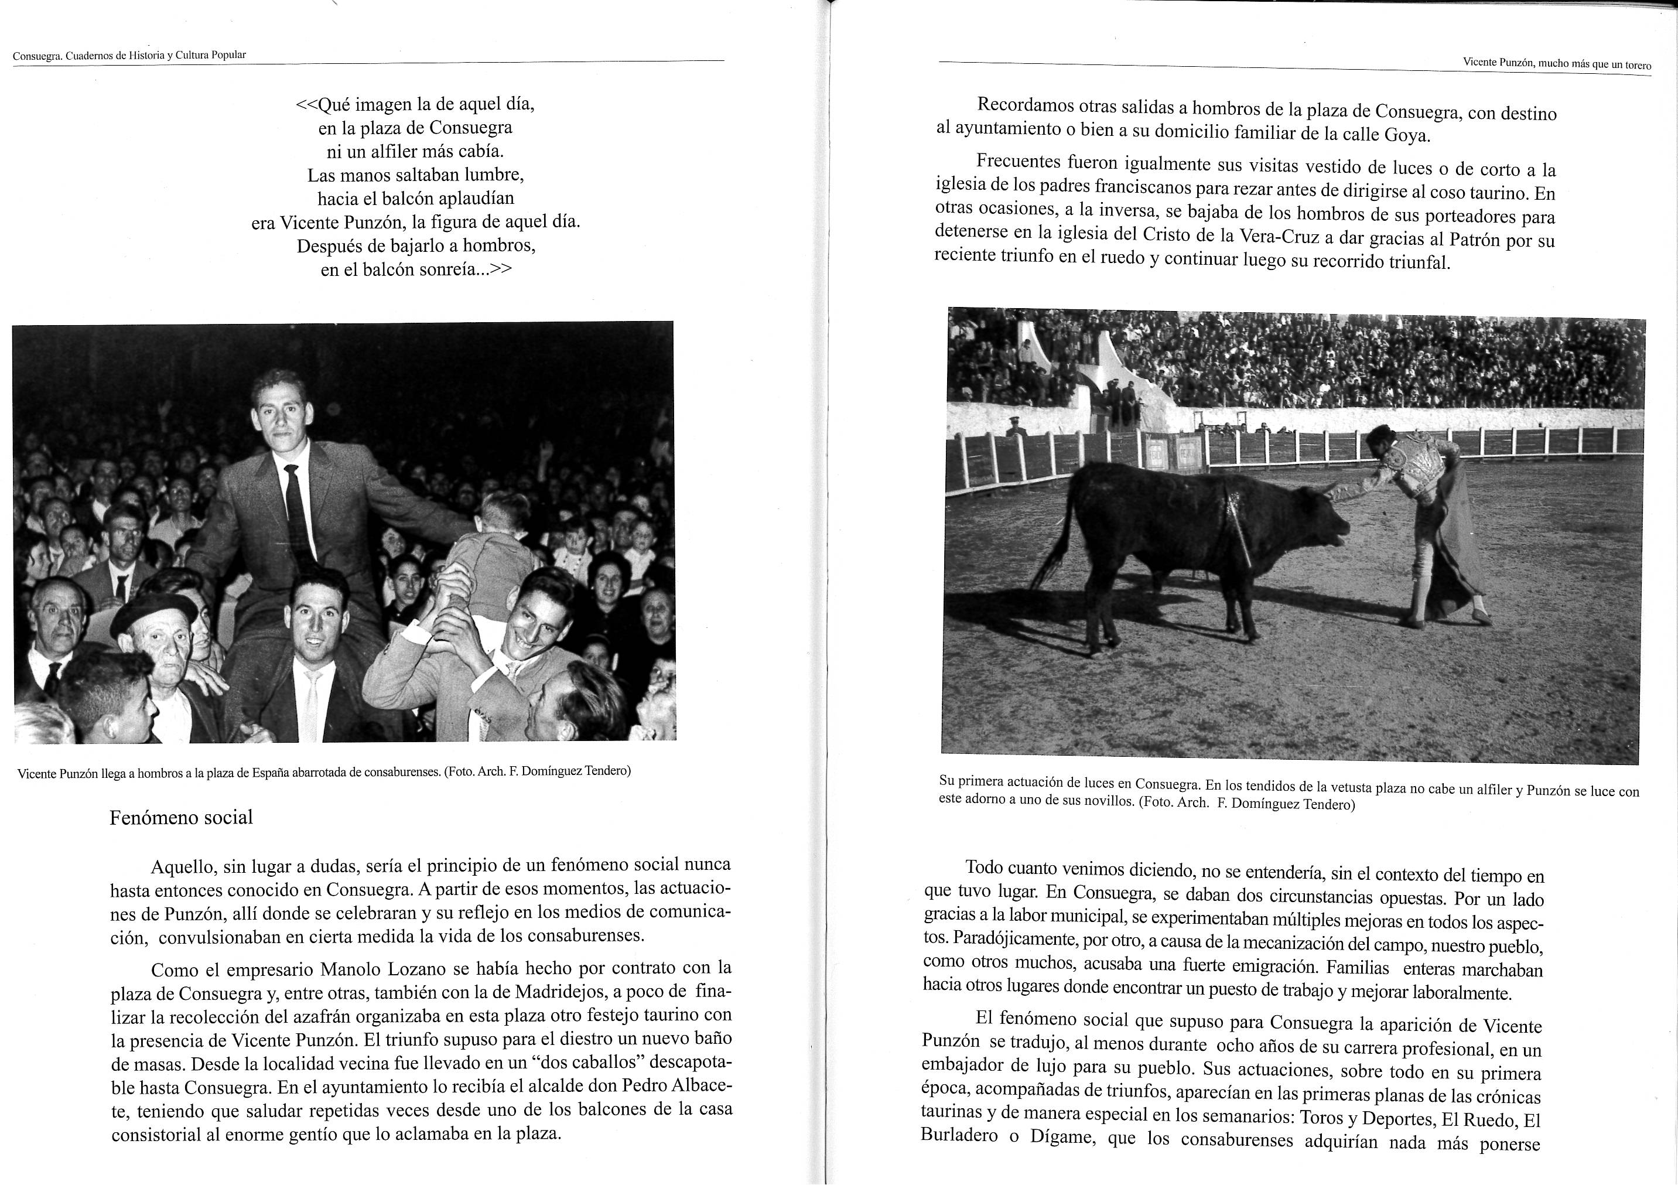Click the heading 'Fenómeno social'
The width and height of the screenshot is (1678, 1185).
point(181,817)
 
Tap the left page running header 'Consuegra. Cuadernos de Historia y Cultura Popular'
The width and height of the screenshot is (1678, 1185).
point(129,55)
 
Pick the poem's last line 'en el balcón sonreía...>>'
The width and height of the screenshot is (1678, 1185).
point(416,269)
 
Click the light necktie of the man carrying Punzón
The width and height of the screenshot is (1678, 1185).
point(313,702)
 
